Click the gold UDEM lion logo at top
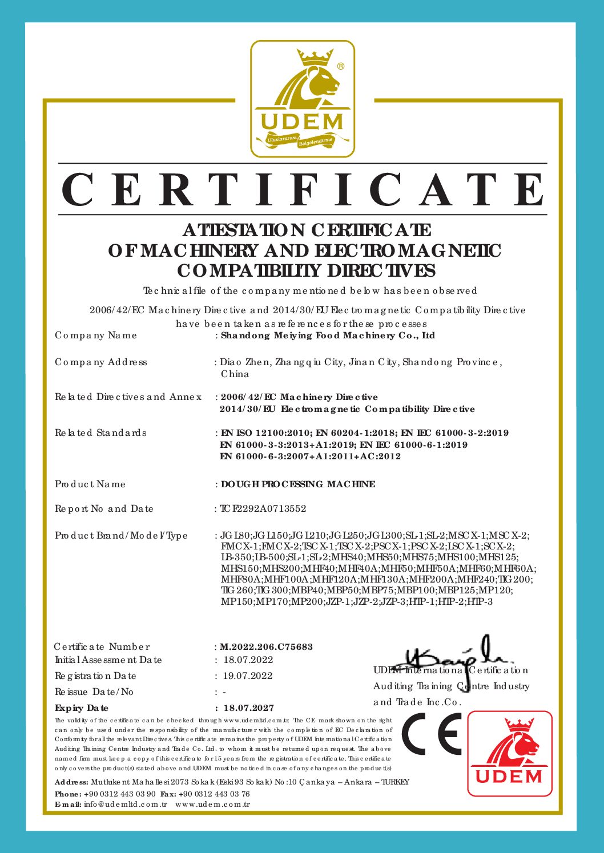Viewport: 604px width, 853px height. [303, 99]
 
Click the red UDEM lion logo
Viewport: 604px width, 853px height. [510, 753]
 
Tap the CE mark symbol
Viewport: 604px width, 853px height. [432, 734]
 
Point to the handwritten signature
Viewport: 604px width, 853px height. [457, 656]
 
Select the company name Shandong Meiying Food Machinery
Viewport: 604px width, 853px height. [328, 335]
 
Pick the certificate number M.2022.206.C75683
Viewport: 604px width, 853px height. [266, 647]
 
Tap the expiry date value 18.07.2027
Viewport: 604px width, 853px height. [248, 708]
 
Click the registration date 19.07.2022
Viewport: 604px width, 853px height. [248, 676]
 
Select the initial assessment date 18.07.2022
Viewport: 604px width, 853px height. [248, 660]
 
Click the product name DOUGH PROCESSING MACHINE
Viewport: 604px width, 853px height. [298, 484]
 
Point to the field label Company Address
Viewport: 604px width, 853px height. [101, 362]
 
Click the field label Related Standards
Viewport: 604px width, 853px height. [100, 433]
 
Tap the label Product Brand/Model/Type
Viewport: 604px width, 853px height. [121, 536]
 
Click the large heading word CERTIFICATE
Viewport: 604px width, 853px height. [303, 189]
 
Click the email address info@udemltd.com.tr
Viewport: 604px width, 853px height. [126, 805]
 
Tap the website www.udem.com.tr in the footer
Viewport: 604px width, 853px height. [212, 805]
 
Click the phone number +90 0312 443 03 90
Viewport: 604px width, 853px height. [120, 794]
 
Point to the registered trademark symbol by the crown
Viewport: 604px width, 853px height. [341, 66]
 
